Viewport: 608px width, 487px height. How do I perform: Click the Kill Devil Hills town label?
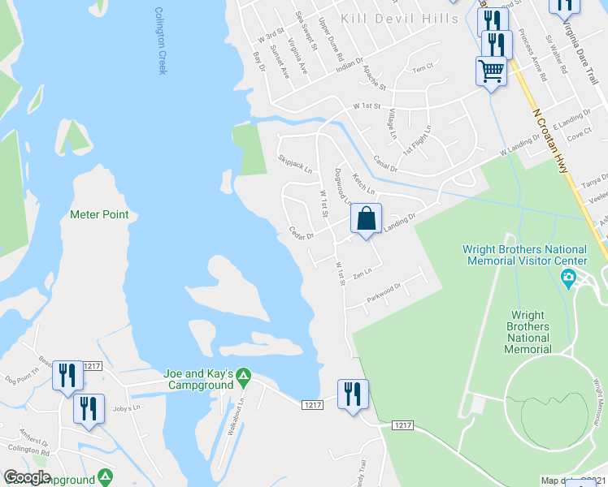400,19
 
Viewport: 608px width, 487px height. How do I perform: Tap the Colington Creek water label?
161,41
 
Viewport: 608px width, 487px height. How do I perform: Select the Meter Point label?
99,214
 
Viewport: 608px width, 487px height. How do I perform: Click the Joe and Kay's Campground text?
198,378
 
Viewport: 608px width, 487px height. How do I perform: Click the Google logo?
28,477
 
